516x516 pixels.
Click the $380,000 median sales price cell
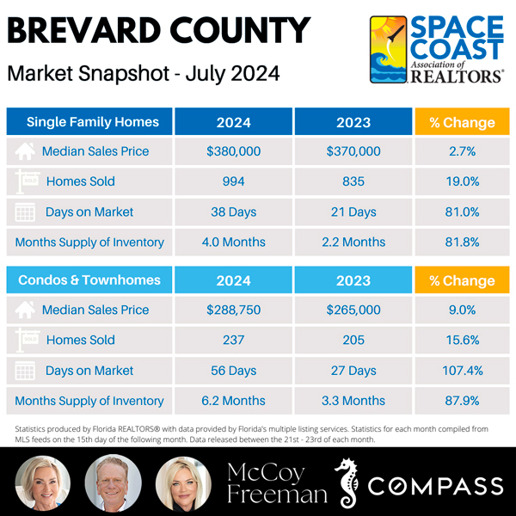point(233,151)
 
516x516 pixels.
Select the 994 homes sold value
point(233,181)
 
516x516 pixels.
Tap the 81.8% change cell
point(462,243)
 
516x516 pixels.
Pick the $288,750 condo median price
point(233,310)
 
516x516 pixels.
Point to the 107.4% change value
point(462,371)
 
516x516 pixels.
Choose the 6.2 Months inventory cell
point(233,401)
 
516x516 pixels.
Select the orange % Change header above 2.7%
point(462,122)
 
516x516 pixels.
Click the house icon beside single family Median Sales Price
point(26,151)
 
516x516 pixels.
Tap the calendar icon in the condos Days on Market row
point(26,371)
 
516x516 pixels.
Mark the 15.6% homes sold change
point(462,341)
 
